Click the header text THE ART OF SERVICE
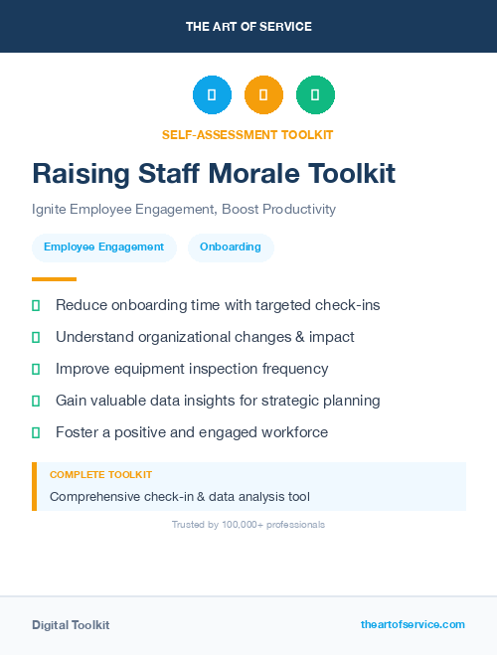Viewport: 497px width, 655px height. point(248,26)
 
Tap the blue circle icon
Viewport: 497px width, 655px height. point(212,94)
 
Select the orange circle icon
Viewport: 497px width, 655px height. point(263,94)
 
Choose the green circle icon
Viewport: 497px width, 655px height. point(315,94)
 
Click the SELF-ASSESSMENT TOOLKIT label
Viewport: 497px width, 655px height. point(248,134)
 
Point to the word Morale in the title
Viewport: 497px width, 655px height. point(250,173)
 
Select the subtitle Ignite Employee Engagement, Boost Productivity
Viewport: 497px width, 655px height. point(184,210)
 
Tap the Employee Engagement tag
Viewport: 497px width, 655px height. point(104,247)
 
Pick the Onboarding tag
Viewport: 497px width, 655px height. point(231,247)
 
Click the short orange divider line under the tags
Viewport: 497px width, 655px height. point(54,279)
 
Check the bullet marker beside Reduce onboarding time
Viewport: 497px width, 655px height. point(36,305)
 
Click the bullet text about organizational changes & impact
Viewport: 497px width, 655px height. point(205,337)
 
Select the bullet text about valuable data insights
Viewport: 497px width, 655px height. point(218,401)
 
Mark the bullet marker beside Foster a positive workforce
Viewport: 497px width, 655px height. point(36,432)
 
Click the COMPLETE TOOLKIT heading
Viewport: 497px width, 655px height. point(100,475)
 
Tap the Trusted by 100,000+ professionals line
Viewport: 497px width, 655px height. point(248,524)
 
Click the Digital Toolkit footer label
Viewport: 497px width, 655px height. point(71,625)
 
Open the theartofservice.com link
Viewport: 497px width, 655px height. point(413,624)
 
